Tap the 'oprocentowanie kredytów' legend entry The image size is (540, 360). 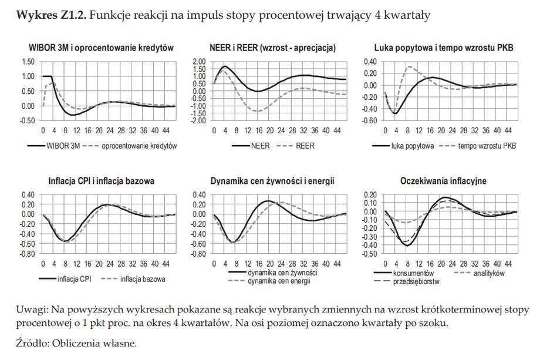(136, 145)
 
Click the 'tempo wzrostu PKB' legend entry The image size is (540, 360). (481, 145)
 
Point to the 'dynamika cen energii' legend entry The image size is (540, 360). (279, 281)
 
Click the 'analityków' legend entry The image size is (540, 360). (488, 273)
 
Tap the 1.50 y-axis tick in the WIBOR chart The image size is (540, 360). (27, 62)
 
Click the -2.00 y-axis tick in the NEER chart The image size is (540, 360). (200, 121)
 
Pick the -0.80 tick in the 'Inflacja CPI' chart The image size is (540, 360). (26, 255)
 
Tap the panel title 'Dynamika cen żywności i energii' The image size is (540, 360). (272, 181)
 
